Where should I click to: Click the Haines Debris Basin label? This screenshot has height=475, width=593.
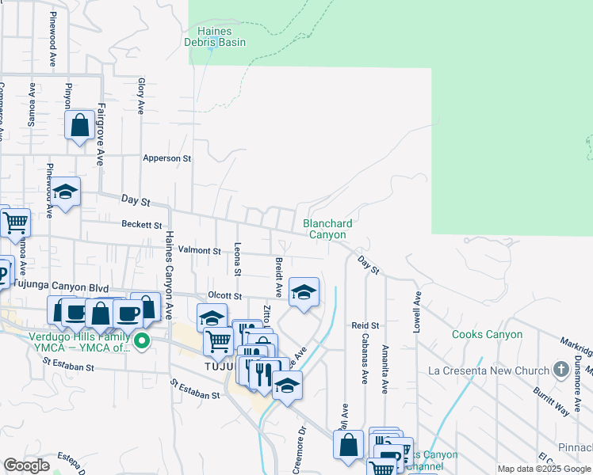[x=215, y=36]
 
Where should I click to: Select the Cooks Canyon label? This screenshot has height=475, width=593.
[x=487, y=334]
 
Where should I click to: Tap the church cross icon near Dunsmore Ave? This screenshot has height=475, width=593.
[x=561, y=370]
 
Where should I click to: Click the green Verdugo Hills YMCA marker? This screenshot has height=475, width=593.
[x=142, y=342]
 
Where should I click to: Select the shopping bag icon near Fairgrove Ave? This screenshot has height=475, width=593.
[x=80, y=125]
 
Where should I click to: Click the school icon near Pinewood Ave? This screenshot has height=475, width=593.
[x=67, y=192]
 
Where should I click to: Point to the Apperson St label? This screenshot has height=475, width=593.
[x=167, y=158]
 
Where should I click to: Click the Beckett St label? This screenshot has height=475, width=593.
[x=142, y=225]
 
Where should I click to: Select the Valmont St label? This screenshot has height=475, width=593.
[x=199, y=250]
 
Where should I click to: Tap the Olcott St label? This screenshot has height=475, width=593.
[x=224, y=295]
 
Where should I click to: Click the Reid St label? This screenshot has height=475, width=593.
[x=365, y=325]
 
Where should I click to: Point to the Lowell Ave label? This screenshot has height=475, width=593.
[x=415, y=310]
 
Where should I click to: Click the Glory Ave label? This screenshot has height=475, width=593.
[x=141, y=96]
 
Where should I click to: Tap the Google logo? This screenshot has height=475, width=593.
[x=26, y=465]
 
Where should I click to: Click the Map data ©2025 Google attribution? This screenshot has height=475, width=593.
[x=543, y=469]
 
